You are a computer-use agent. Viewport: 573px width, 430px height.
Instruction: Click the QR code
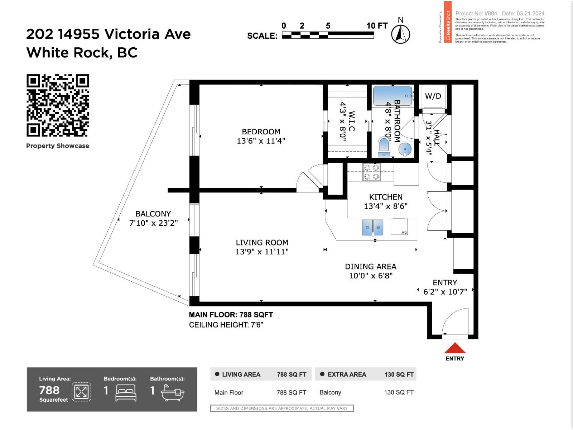click(x=58, y=105)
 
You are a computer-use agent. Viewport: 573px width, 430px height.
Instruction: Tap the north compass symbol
click(x=400, y=34)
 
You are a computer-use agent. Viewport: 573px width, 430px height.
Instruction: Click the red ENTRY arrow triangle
click(x=455, y=348)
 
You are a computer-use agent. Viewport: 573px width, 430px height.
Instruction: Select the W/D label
click(x=433, y=96)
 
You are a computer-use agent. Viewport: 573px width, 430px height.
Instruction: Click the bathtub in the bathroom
click(x=393, y=96)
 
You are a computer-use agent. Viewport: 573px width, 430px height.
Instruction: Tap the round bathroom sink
click(x=405, y=149)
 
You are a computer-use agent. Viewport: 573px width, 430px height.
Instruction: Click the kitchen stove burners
click(x=371, y=172)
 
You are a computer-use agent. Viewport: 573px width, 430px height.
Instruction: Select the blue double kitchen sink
click(x=373, y=228)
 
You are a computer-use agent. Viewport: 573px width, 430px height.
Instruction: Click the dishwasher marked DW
click(x=399, y=226)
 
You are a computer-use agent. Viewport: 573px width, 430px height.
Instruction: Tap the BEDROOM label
click(x=261, y=132)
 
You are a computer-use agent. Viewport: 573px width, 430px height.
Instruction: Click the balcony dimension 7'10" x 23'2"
click(x=153, y=223)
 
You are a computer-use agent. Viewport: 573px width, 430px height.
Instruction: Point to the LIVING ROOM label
click(x=262, y=243)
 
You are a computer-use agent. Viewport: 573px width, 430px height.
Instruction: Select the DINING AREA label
click(x=371, y=267)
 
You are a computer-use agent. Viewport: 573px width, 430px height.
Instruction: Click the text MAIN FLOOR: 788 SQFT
click(x=231, y=315)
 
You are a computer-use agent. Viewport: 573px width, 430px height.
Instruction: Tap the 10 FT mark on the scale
click(x=376, y=26)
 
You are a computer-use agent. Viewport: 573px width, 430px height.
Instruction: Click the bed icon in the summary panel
click(x=126, y=393)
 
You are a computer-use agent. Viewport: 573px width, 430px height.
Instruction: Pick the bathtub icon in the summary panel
click(x=172, y=393)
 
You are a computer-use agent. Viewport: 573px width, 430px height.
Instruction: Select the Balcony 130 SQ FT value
click(x=399, y=392)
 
